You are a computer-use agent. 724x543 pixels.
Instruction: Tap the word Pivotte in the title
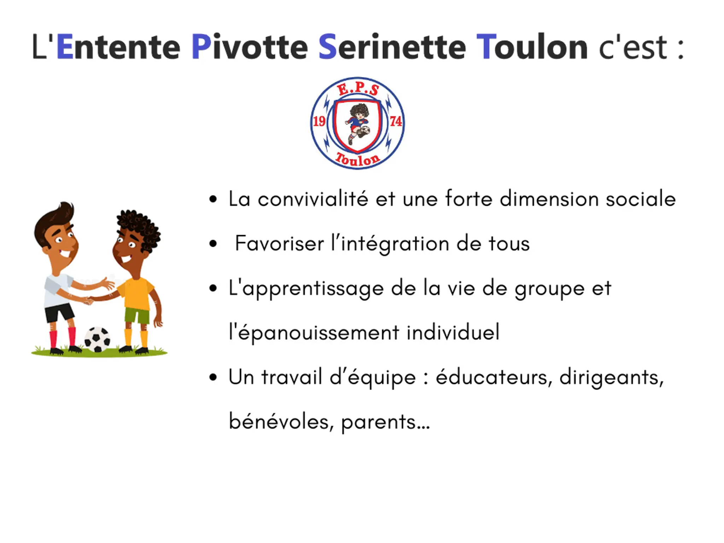tap(250, 47)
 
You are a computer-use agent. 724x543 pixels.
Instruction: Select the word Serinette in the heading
tap(392, 47)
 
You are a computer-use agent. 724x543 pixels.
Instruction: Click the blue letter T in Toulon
tap(486, 47)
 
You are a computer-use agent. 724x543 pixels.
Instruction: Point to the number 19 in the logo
tap(319, 121)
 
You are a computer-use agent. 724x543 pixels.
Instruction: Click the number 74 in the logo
tap(396, 121)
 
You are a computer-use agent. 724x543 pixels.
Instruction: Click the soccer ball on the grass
tap(97, 339)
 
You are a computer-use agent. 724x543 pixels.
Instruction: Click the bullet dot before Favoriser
tap(213, 244)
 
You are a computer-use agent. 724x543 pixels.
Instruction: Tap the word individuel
tap(453, 332)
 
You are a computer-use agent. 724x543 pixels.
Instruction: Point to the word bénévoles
tap(281, 422)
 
